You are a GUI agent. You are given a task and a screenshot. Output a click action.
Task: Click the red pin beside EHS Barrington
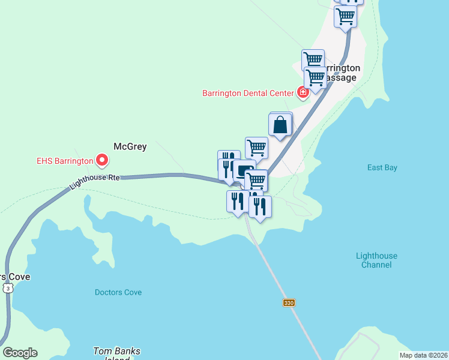102,160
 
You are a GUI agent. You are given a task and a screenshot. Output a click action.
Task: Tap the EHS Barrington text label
65,161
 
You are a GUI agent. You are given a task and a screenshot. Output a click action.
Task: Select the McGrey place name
130,146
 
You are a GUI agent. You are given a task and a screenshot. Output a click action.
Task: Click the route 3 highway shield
8,289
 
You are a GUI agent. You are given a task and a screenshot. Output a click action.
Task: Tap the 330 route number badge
289,303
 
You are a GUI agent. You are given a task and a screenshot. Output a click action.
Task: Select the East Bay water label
382,168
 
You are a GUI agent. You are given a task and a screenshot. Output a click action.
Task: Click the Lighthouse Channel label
376,260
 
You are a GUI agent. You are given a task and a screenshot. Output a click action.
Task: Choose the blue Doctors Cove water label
118,293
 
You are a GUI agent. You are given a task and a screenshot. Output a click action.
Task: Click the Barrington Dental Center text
248,93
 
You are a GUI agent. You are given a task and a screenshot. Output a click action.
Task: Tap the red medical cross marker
303,92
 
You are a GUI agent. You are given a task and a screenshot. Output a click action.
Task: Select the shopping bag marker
280,125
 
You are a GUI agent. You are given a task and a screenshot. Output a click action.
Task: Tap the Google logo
20,353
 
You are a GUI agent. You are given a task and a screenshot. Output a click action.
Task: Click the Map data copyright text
423,355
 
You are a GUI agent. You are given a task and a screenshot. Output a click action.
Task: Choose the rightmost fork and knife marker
260,206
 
